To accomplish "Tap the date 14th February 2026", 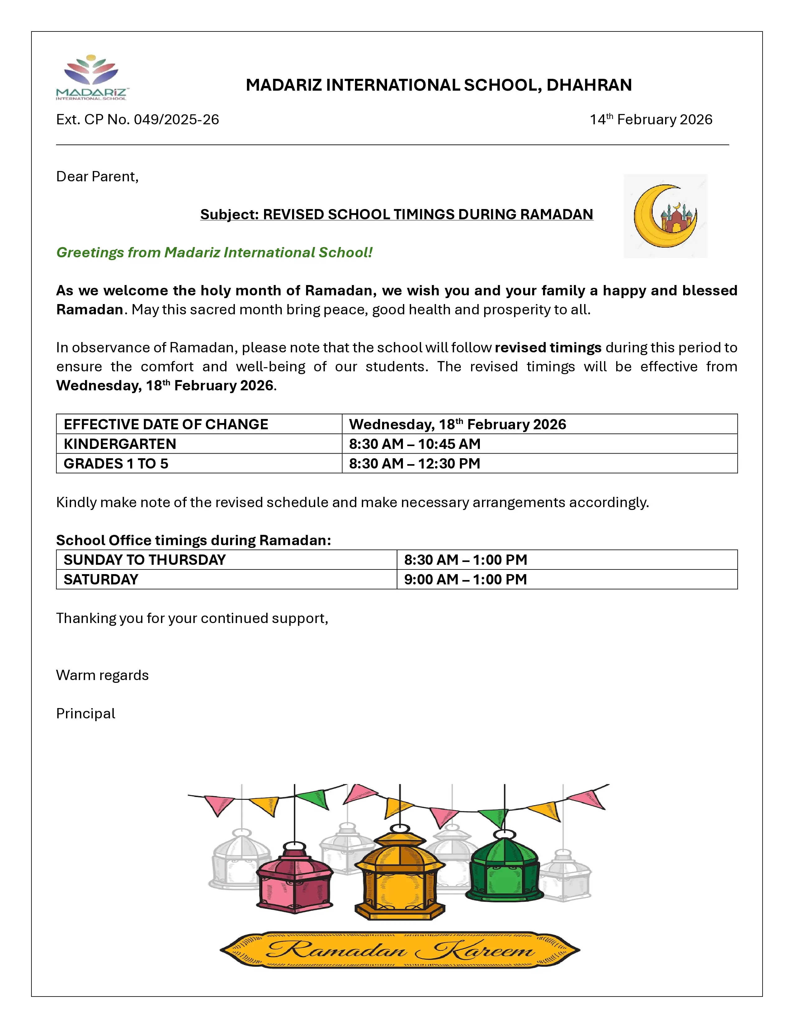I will (651, 120).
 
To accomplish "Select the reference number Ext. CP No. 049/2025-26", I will (137, 120).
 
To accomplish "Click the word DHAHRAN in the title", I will (589, 85).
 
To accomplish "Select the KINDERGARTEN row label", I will (120, 444).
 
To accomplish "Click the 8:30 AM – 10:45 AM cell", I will (414, 444).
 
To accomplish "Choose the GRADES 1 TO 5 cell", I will (116, 464).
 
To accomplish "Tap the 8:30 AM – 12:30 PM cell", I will (414, 464).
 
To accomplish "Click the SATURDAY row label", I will (101, 579).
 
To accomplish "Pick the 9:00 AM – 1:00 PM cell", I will (465, 579).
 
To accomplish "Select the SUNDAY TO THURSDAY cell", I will (144, 560).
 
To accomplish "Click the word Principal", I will (86, 714).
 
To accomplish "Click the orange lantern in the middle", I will (399, 876).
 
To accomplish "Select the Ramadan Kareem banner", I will (400, 950).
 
